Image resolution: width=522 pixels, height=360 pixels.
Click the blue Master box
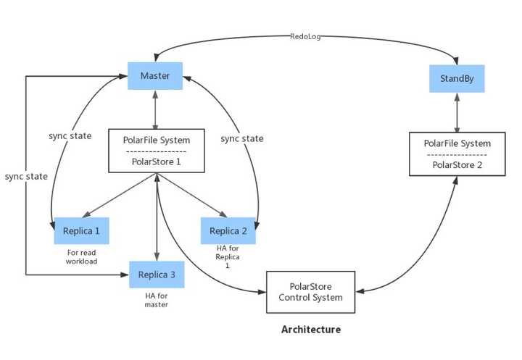pos(155,76)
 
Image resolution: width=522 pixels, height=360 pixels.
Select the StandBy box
pos(457,78)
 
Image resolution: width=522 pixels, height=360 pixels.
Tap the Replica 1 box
pos(81,231)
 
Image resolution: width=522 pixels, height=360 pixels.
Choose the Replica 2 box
pos(228,231)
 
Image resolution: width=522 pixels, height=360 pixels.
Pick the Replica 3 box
pos(157,275)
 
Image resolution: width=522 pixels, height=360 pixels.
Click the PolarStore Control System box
pos(310,292)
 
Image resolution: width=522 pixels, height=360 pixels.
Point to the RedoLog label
pos(305,36)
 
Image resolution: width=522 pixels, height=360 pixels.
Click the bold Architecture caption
pos(311,330)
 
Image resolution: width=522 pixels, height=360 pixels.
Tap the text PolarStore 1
pos(156,162)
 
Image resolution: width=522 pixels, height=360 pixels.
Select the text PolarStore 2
pos(457,165)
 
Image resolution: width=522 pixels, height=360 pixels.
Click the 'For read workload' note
pos(81,257)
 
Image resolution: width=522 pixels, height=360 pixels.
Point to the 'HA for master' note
pos(157,300)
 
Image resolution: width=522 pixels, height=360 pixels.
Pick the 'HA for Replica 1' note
pos(228,256)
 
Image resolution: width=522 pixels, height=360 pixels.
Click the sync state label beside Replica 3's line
pos(26,176)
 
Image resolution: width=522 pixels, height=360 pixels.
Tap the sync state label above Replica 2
pos(242,138)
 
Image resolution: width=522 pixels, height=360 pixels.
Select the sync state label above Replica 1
pos(70,135)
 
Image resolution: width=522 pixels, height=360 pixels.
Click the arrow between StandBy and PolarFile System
pos(457,112)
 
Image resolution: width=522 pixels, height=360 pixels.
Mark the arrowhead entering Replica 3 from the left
pos(125,275)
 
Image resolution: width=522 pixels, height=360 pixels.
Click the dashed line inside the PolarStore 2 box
pos(457,155)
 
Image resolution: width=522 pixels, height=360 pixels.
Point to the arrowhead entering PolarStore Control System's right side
pos(360,292)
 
